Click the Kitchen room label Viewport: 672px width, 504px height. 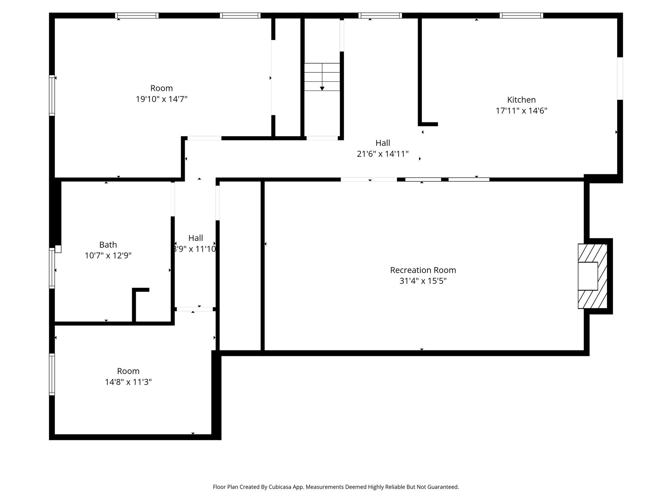coord(521,100)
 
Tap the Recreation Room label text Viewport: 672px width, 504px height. coord(423,270)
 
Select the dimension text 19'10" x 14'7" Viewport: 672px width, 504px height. coord(161,99)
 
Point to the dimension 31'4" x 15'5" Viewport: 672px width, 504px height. coord(423,281)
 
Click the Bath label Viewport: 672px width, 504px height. coord(108,245)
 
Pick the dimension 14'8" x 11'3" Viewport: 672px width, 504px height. coord(128,382)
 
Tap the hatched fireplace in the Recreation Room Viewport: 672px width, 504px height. coord(592,276)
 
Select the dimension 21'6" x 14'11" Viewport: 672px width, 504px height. coord(383,154)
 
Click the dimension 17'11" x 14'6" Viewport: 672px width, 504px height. coord(521,111)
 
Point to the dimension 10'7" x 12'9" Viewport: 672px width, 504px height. coord(108,256)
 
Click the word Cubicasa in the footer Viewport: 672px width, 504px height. coord(280,487)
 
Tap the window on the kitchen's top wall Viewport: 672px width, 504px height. coord(521,15)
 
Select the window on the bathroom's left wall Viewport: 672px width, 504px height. coord(52,268)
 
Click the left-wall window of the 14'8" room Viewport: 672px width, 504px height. coord(52,374)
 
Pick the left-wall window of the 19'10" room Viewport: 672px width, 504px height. coord(52,95)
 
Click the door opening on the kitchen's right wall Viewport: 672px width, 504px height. coord(620,78)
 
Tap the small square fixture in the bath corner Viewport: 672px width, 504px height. coord(58,249)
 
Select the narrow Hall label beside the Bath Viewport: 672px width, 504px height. coord(196,238)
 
